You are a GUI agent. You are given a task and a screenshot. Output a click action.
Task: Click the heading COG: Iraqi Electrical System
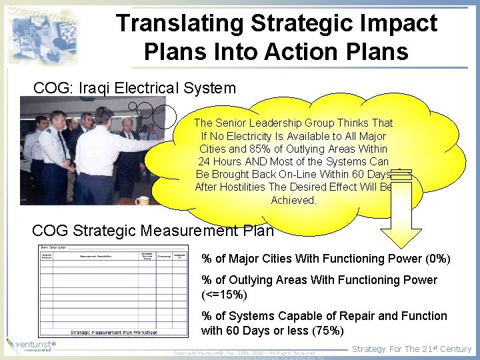click(x=135, y=88)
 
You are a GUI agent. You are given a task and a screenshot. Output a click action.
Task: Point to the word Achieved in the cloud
click(x=293, y=200)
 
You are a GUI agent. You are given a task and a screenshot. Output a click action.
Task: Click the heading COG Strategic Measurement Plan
click(x=153, y=231)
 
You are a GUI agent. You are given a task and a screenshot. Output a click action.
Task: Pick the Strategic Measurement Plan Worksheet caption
click(x=114, y=331)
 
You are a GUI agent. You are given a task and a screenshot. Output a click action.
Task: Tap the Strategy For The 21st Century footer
click(x=411, y=349)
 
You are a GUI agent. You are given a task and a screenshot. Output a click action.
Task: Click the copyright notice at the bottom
click(x=244, y=353)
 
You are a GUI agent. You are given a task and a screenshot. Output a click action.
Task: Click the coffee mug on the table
click(x=142, y=200)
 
